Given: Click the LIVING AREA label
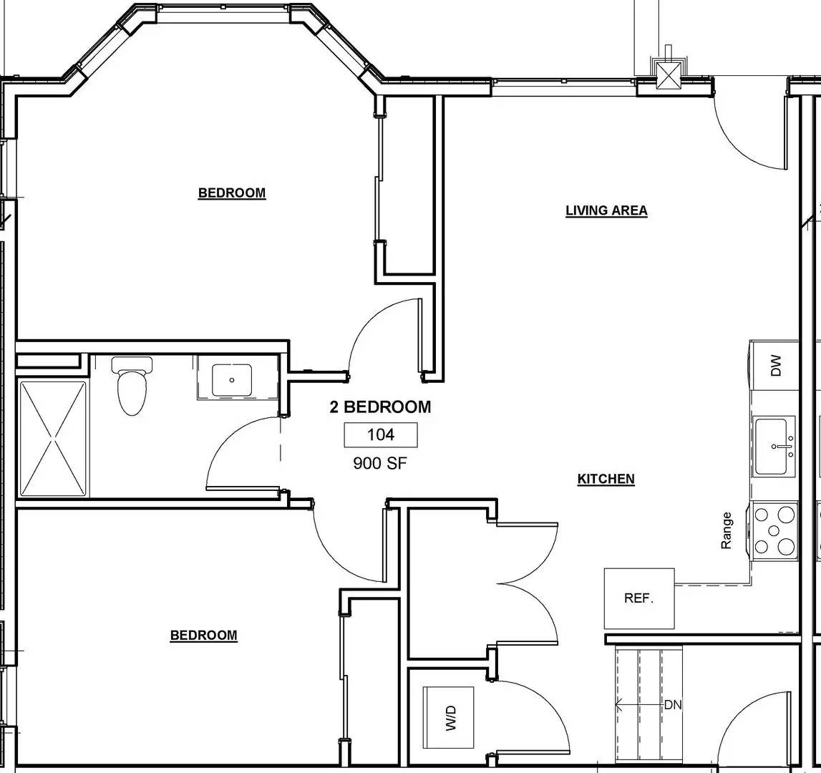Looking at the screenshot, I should pos(606,210).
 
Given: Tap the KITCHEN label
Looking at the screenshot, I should pos(606,480).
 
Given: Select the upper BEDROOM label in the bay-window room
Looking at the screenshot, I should pos(231,193).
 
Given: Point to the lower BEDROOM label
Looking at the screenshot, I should pos(203,636).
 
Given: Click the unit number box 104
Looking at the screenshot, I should pos(381,434).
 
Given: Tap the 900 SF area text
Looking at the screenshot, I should pos(379,463).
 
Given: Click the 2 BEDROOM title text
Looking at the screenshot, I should pos(380,407).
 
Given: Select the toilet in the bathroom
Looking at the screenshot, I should pos(132,386).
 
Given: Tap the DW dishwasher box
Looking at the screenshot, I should pos(776,366).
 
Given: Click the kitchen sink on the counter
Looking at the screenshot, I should pos(774,447).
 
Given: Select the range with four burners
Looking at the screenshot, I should pos(775,530).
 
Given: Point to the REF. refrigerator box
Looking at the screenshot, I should pos(639,598).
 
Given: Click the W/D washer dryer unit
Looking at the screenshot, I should pos(450,716).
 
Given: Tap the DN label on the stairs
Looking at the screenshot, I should pos(673,705).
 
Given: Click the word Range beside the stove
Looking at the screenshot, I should pos(727,530).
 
